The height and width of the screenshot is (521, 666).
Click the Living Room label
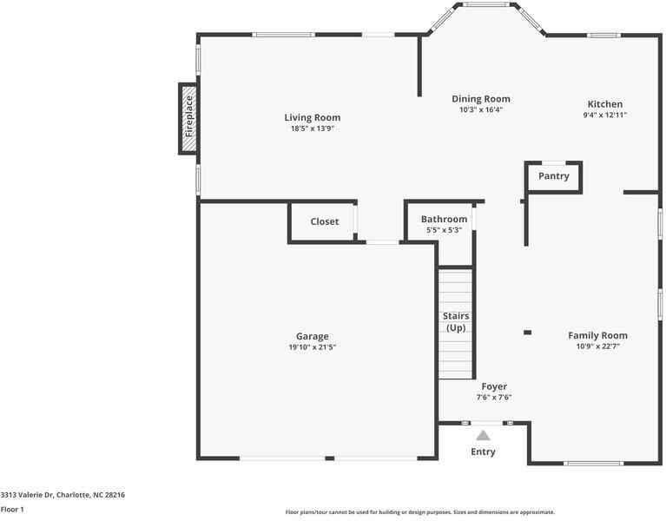[x=313, y=117]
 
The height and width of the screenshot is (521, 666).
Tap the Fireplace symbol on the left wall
[x=188, y=119]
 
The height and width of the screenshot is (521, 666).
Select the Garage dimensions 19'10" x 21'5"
[x=313, y=347]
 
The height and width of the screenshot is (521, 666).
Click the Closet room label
[x=325, y=221]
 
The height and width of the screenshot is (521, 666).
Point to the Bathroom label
[x=444, y=219]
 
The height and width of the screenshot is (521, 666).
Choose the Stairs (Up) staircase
[x=455, y=323]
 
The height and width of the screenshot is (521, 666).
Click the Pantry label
[x=554, y=176]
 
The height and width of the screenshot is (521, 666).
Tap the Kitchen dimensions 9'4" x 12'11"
[x=605, y=115]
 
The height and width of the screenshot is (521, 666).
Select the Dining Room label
[x=481, y=99]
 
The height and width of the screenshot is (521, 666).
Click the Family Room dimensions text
[x=597, y=346]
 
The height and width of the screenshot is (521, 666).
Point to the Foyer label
[x=494, y=386]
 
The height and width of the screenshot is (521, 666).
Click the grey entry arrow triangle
[x=483, y=435]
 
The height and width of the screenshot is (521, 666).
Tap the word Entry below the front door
[x=483, y=452]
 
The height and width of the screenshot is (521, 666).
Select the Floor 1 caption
[x=12, y=510]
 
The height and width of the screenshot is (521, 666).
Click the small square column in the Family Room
[x=527, y=332]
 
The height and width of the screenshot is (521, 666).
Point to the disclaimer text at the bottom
[x=420, y=512]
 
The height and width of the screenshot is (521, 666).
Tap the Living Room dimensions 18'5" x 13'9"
[x=313, y=129]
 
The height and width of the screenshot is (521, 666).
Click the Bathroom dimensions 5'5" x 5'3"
[x=444, y=230]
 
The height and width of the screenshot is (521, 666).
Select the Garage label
[x=313, y=336]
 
